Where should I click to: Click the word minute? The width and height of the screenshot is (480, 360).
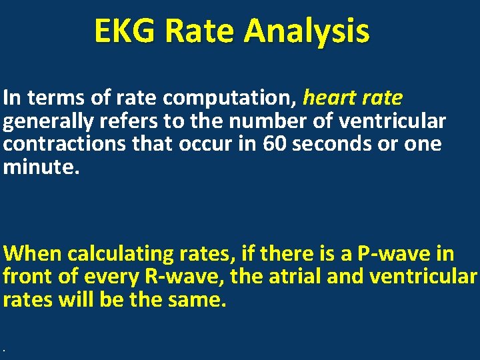[x=40, y=167]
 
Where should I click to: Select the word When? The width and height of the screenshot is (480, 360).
[x=33, y=254]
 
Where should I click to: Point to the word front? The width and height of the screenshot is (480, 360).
[x=26, y=276]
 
